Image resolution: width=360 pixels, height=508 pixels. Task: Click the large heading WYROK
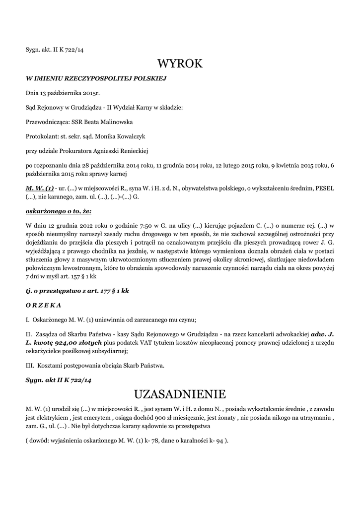[180, 63]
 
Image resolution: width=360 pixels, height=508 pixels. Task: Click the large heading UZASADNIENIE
[180, 394]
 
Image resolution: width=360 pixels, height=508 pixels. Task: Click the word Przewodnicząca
[48, 122]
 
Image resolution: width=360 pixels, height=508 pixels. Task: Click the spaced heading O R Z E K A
[43, 305]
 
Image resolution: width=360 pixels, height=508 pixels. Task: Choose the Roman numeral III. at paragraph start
[29, 366]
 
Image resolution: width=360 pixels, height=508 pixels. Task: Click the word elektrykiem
[50, 418]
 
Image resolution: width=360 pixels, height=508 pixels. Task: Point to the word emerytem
[93, 418]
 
